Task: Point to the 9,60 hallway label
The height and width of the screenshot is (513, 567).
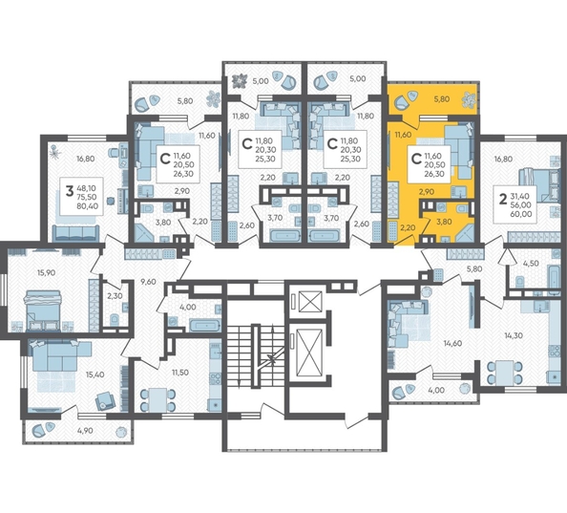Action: coord(146,282)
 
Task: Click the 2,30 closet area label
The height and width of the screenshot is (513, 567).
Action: coord(114,295)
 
